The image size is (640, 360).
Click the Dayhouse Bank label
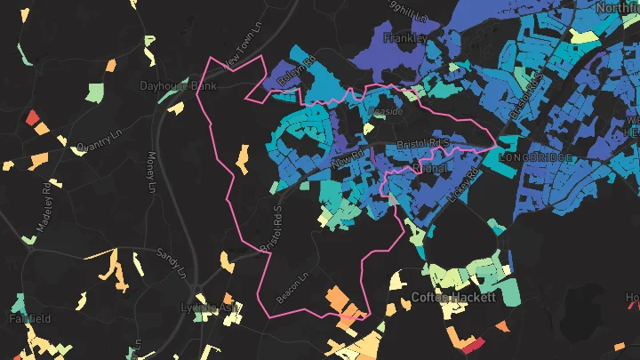coord(179,86)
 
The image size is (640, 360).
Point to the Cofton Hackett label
coord(453,298)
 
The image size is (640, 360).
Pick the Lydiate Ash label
coord(211,308)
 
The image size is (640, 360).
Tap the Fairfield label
coord(30,318)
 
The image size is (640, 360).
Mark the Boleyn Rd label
coord(298,71)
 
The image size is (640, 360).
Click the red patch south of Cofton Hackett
coord(472,344)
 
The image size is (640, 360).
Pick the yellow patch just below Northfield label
coord(583,36)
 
